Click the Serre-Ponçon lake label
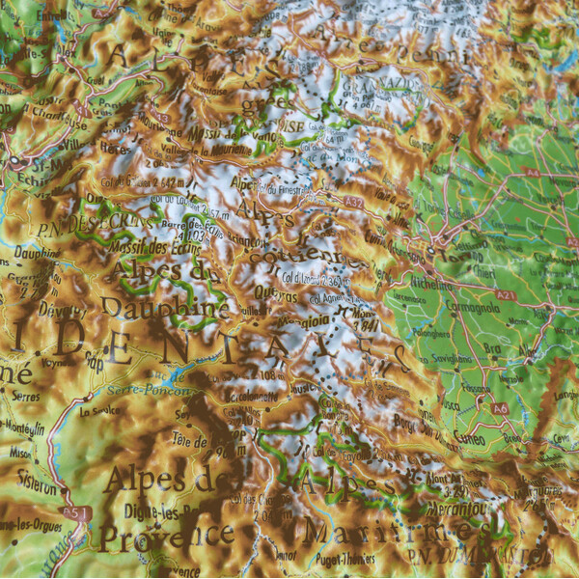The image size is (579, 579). pos(138,390)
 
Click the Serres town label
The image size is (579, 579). pos(25,396)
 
